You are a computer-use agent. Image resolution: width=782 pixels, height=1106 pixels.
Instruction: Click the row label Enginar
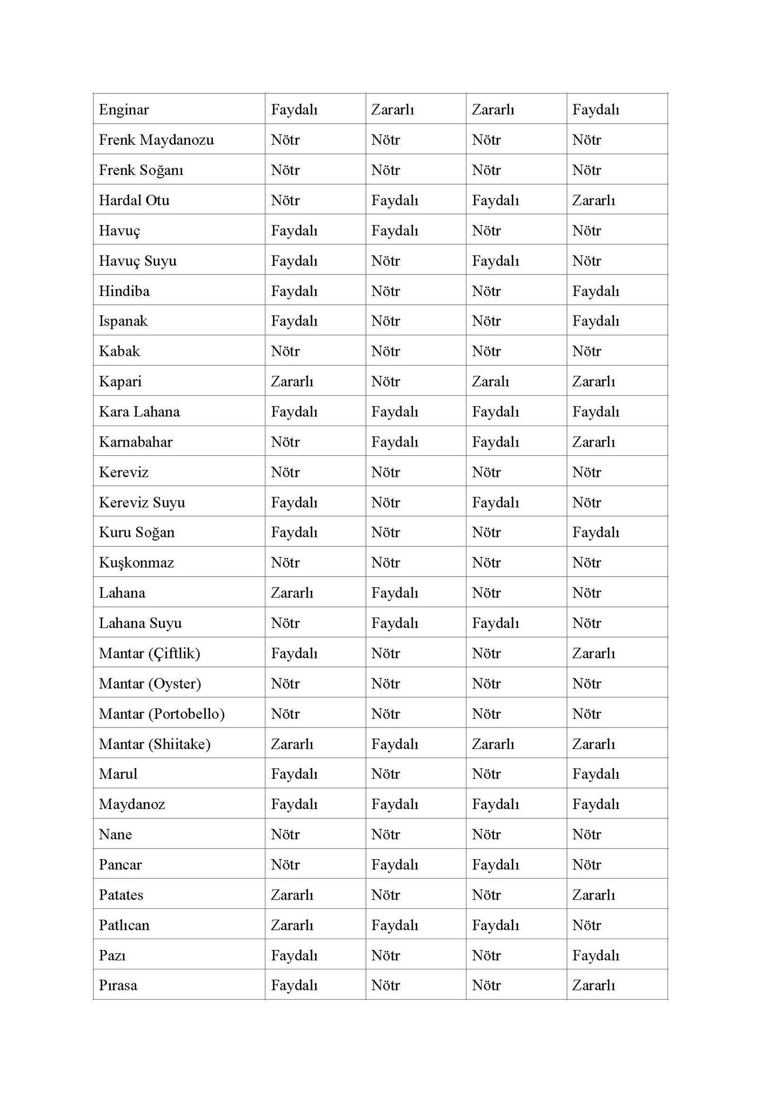[124, 110]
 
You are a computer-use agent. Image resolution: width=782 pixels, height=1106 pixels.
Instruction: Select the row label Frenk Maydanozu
[156, 140]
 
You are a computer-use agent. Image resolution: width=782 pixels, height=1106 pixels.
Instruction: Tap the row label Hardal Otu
[134, 200]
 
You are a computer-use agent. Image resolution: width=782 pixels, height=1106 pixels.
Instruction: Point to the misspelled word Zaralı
[490, 381]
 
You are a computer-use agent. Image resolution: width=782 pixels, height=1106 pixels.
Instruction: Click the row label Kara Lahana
[139, 412]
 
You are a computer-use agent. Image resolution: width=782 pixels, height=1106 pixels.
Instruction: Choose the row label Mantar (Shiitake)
[155, 744]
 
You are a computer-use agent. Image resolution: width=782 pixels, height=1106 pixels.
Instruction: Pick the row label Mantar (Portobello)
[162, 713]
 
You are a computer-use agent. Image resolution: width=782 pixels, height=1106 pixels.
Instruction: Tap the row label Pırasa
[118, 985]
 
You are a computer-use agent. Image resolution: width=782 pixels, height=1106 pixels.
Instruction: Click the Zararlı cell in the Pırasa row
[593, 985]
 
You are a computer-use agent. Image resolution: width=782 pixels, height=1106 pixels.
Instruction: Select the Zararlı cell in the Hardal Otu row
[593, 200]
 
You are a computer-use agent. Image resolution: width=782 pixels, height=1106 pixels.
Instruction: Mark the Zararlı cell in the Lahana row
[292, 592]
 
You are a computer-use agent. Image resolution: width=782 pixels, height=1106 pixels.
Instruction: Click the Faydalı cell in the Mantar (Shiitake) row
[395, 744]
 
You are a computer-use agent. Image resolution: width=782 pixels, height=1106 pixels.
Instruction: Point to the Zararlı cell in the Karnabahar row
[593, 442]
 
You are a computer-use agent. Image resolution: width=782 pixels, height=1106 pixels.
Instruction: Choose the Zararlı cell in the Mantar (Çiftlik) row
[593, 653]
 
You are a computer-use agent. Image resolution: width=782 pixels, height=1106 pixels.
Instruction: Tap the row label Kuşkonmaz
[136, 563]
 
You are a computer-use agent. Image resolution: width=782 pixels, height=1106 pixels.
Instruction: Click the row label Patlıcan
[124, 925]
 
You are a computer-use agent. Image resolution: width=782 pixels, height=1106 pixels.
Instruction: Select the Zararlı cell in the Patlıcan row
[292, 925]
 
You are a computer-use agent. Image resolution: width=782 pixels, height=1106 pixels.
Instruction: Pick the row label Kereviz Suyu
[142, 502]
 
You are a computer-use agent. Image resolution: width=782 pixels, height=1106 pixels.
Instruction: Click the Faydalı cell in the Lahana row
[395, 592]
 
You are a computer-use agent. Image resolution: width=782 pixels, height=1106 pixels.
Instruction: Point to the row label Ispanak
[123, 321]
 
